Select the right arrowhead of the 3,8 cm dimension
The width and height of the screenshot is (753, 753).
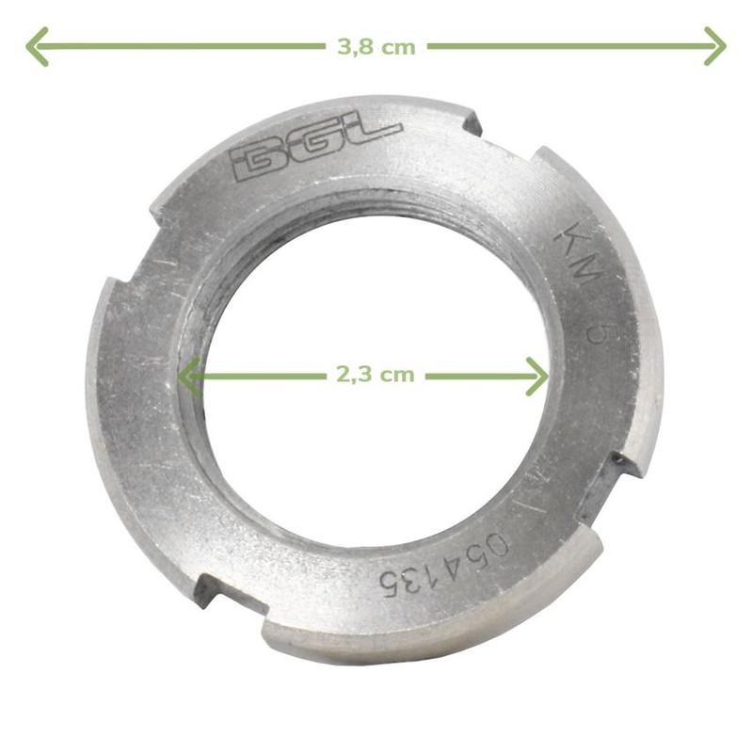[715, 46]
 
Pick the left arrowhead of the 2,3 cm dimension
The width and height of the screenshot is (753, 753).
[189, 376]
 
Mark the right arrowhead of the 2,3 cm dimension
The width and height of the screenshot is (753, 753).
[537, 376]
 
